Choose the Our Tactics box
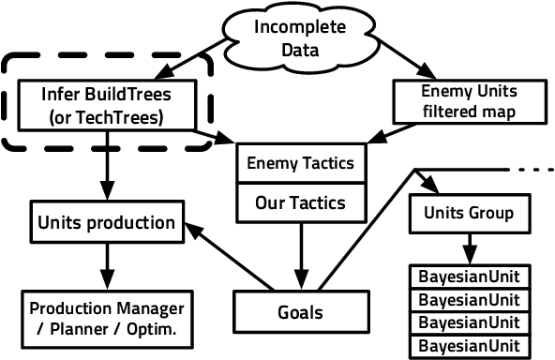tap(299, 202)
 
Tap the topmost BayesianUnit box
tap(466, 277)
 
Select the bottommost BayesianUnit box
tap(466, 345)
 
